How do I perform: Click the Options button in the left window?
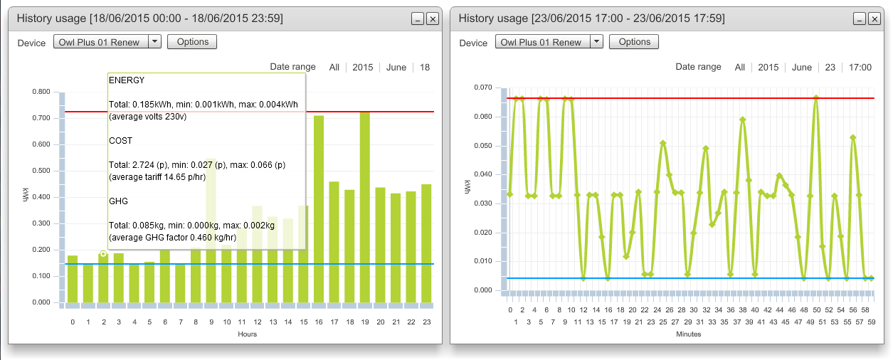coord(191,42)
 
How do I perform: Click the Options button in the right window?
coord(634,42)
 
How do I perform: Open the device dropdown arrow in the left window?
coord(154,41)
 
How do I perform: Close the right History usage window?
coord(874,18)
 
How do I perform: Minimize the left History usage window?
coord(418,18)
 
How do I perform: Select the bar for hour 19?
coord(365,207)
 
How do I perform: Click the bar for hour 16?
coord(319,209)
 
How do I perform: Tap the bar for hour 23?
coord(426,243)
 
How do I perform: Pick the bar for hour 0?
coord(73,279)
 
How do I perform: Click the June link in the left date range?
coord(396,68)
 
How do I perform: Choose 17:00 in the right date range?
coord(860,68)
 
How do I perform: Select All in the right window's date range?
coord(739,68)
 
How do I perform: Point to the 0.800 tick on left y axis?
coord(41,92)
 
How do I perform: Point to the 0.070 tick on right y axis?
coord(482,88)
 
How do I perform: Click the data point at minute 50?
coord(816,97)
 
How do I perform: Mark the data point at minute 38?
coord(742,120)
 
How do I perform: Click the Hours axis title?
coord(247,334)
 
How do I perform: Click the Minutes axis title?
coord(689,334)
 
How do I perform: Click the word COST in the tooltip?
coord(120,141)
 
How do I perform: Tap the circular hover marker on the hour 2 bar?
coord(103,253)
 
